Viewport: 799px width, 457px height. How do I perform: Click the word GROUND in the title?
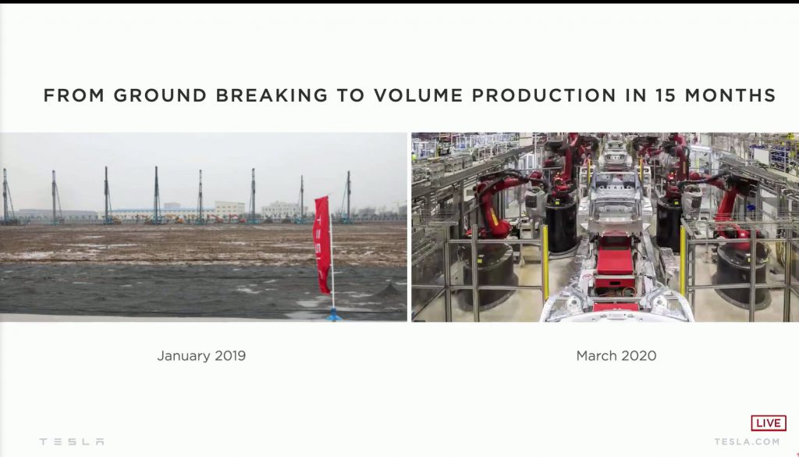coord(160,95)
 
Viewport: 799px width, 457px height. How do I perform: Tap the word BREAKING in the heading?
coord(272,95)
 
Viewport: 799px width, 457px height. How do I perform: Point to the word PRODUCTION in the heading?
coord(544,95)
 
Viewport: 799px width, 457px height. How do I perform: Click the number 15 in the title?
coord(666,95)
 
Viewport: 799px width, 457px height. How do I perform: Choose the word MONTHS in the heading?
coord(730,95)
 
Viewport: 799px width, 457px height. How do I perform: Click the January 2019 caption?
coord(201,355)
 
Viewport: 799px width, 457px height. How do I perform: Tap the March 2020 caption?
coord(616,355)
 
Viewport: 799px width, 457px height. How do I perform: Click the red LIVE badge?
coord(769,423)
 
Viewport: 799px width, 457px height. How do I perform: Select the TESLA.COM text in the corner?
coord(747,441)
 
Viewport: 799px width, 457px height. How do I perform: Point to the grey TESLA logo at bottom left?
coord(72,441)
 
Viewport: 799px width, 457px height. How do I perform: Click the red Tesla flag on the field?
coord(322,245)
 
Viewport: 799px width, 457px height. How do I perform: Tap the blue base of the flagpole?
coord(334,315)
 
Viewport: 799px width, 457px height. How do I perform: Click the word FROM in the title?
coord(74,95)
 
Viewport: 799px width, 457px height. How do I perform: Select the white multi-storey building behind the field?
coord(229,209)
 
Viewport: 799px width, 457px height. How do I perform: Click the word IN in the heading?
coord(636,95)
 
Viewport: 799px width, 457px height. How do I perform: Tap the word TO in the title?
coord(350,95)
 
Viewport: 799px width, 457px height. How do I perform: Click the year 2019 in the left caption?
coord(230,355)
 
